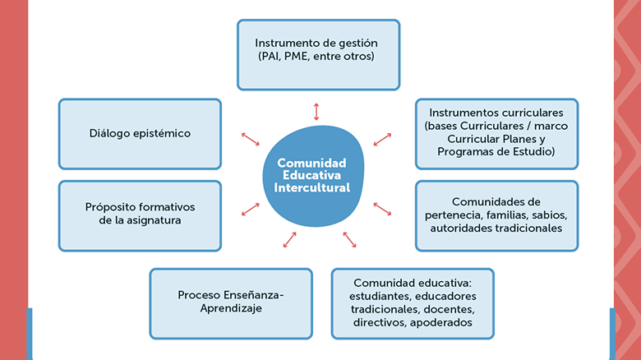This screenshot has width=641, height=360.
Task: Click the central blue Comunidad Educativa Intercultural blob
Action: point(311,176)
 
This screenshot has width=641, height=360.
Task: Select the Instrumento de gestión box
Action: point(319,54)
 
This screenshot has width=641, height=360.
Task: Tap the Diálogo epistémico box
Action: point(140,134)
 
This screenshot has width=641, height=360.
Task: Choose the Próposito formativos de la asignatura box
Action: point(140,215)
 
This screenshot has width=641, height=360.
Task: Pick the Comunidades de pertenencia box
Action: point(496,215)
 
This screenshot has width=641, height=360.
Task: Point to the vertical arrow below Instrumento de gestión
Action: point(316,111)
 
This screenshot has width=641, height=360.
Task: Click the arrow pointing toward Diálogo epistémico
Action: point(250,138)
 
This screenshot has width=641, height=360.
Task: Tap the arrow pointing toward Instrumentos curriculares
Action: point(382,138)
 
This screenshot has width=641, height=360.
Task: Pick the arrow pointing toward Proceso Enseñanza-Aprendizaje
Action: point(289,239)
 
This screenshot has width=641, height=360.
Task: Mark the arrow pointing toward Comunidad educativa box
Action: point(349,239)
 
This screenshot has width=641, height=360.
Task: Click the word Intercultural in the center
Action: point(311,188)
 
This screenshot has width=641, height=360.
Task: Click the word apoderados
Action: point(443,323)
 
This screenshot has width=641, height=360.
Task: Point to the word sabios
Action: point(546,215)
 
